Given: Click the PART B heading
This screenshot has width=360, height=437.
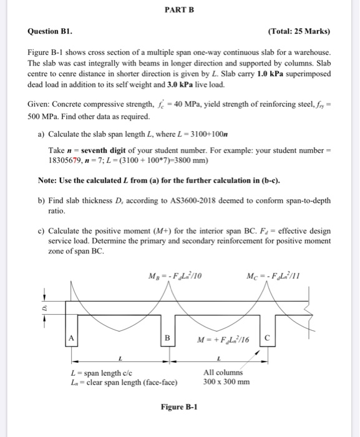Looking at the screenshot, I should (180, 11).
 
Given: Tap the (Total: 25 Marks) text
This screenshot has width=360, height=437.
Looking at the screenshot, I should (298, 31).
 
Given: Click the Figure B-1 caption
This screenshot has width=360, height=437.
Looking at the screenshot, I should (179, 407).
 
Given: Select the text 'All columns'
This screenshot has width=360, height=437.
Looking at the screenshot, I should (222, 373).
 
